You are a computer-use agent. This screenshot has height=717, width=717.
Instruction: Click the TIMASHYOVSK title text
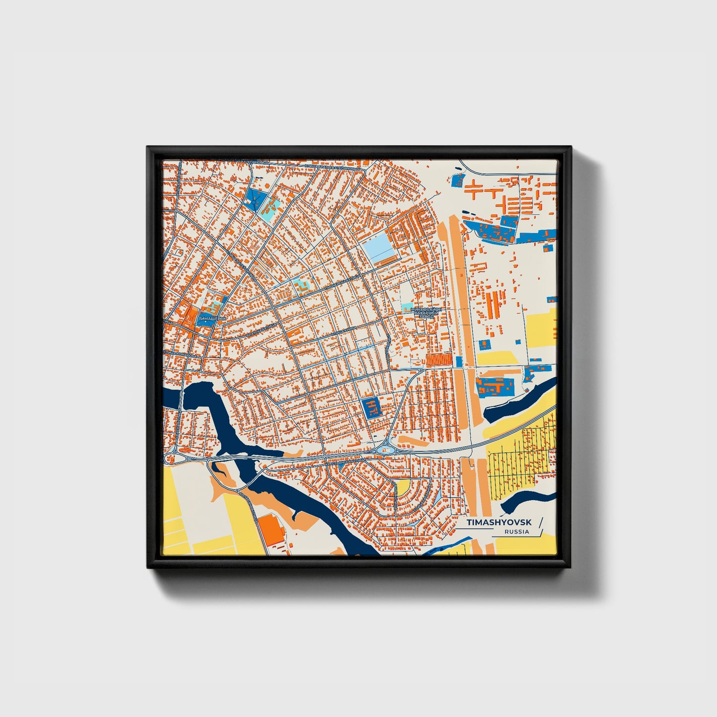(499, 522)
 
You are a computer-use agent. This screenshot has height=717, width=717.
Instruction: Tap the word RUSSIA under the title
(517, 532)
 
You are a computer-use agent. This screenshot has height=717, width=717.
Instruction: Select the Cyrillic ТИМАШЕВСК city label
(212, 318)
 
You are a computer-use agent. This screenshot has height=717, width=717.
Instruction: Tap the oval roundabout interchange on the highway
(386, 450)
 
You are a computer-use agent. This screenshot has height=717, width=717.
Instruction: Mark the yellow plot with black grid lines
(521, 456)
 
